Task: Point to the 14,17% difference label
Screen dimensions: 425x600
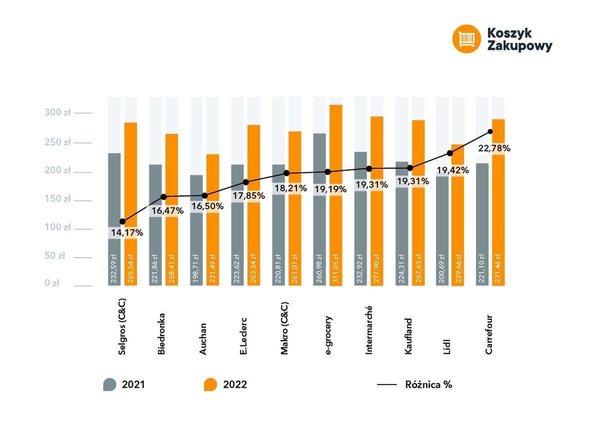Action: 126,233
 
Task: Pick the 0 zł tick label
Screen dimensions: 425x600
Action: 51,283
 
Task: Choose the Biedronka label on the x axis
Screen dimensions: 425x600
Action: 161,334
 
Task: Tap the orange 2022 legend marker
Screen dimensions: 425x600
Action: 210,385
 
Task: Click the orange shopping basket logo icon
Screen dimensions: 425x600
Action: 466,39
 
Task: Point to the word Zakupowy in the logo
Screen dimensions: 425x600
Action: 519,46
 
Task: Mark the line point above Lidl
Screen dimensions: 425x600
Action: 450,153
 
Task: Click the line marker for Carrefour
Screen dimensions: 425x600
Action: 490,132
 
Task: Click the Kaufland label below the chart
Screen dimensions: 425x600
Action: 408,336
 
